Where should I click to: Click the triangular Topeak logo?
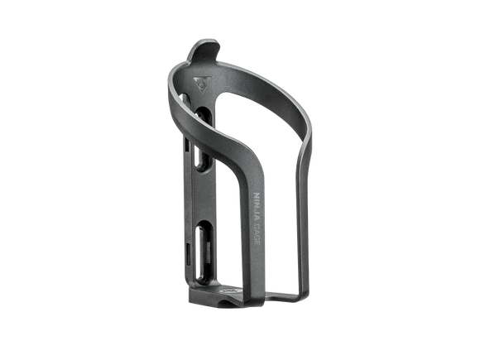203,84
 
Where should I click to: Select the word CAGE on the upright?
257,234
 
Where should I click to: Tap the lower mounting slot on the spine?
203,252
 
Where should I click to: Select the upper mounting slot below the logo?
203,139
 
